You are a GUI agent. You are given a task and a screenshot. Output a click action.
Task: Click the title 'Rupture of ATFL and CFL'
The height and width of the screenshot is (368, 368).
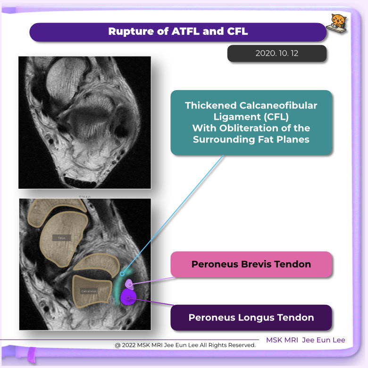[178, 32]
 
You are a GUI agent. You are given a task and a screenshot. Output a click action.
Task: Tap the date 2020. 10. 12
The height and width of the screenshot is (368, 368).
[277, 54]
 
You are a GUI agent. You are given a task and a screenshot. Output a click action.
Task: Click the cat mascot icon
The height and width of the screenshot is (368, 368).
[339, 23]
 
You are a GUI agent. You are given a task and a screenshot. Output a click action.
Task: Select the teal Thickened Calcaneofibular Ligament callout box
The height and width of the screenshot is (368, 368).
[251, 122]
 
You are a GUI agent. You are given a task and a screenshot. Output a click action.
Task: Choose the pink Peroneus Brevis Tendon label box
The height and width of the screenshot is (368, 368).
[251, 264]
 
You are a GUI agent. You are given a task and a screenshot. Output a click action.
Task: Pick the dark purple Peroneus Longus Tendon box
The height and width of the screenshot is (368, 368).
[251, 318]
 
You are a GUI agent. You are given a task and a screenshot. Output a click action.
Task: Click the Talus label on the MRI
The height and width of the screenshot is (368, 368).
[61, 238]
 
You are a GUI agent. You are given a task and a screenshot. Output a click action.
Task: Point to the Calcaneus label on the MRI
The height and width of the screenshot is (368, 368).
[88, 291]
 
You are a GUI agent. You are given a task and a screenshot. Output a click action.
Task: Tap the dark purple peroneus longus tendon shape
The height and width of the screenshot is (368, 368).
[128, 298]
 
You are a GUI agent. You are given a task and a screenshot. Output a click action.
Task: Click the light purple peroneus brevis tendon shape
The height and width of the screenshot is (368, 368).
[130, 284]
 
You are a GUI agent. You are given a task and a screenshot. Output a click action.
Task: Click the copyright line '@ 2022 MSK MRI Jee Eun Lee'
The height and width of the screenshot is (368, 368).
[185, 345]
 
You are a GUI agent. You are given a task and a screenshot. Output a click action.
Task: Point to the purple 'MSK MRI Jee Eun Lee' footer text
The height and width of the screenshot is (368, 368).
[305, 340]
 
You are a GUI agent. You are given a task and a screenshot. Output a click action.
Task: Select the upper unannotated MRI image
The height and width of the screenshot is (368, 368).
[84, 123]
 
